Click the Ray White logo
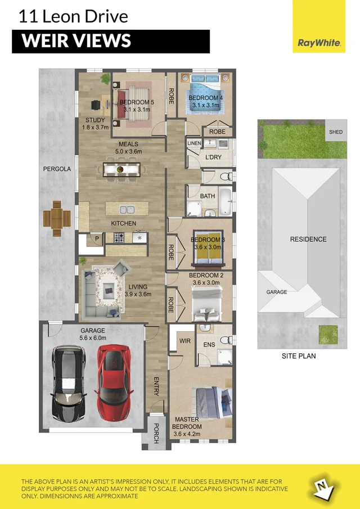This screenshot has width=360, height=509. [319, 42]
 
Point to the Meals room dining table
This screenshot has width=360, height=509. [121, 169]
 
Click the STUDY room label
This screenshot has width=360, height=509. [95, 120]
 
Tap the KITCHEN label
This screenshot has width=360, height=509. [123, 223]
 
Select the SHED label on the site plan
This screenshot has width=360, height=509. [335, 132]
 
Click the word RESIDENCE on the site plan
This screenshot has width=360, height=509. [308, 239]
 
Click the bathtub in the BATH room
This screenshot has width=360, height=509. [224, 202]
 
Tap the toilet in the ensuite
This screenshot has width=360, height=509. [226, 340]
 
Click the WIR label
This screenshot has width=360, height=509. [183, 341]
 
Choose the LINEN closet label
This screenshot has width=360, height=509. [193, 143]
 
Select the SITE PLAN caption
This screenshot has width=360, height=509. [299, 356]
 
